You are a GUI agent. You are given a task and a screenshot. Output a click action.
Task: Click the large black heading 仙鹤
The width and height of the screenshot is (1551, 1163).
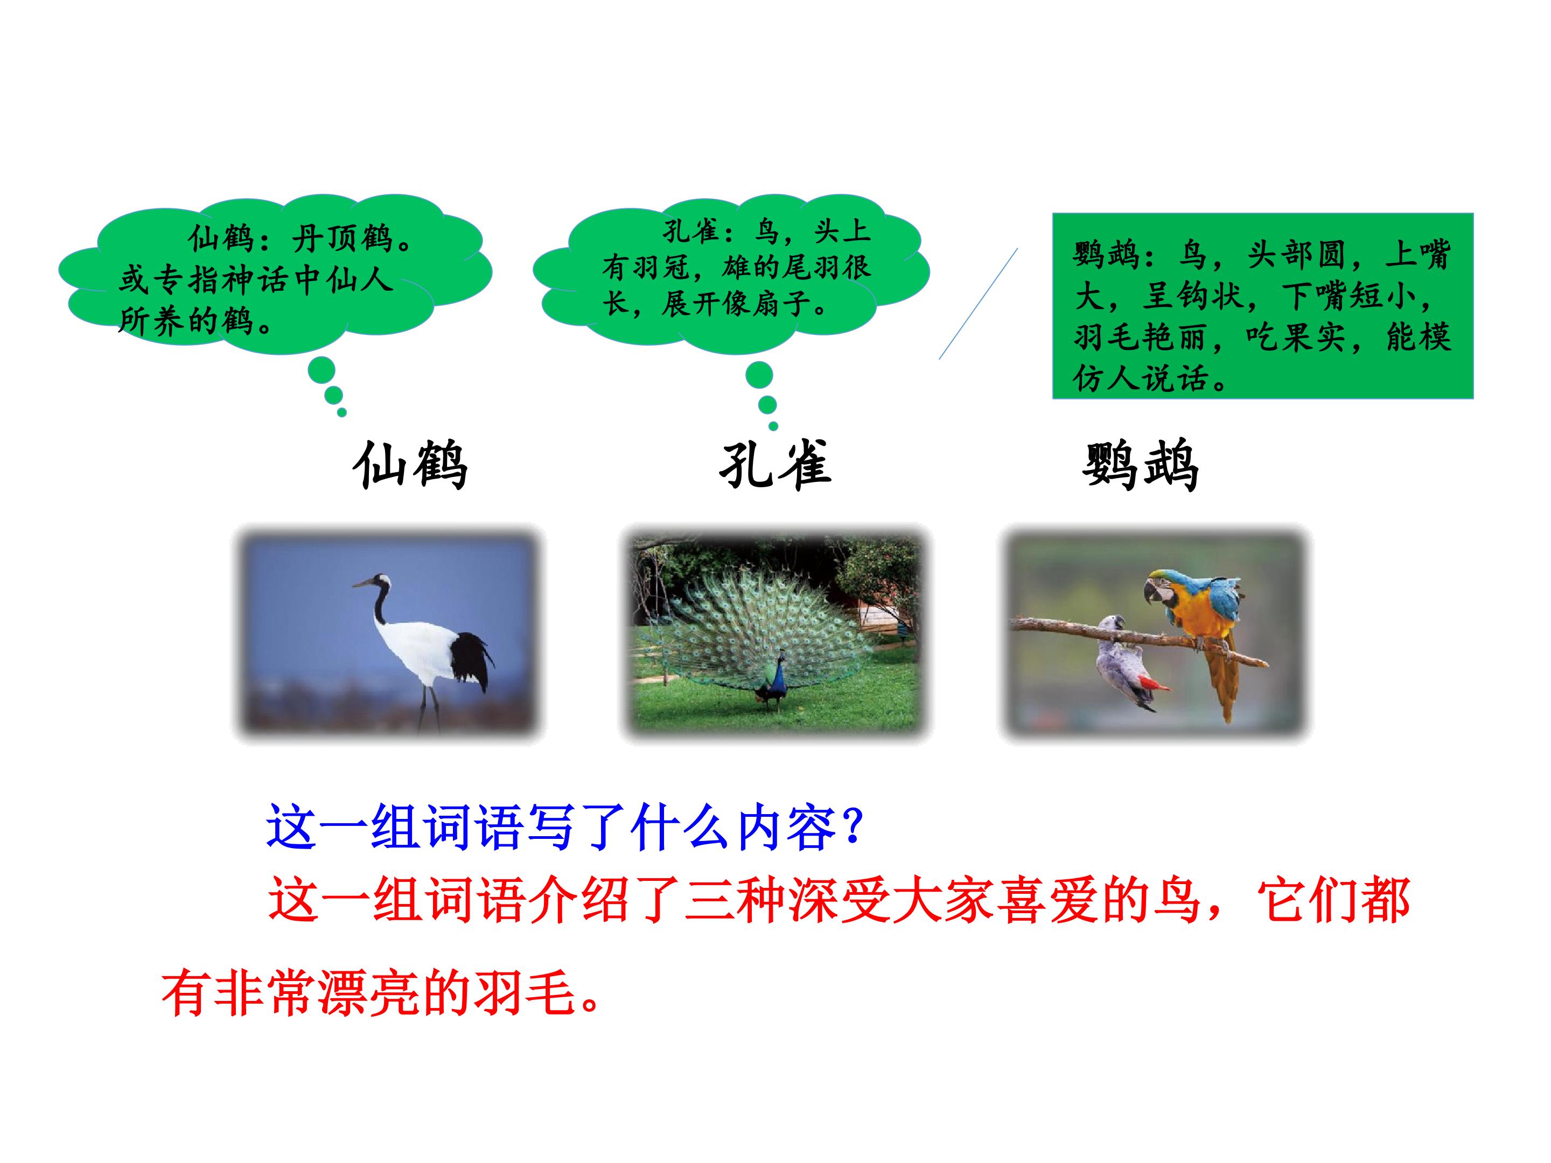coord(410,464)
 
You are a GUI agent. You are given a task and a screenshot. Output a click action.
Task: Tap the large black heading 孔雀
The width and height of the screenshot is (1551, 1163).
coord(775,464)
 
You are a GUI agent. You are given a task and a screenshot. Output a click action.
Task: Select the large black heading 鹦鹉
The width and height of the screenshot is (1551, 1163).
coord(1140,464)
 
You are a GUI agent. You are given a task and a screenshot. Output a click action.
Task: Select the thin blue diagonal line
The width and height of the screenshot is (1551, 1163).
coord(978,304)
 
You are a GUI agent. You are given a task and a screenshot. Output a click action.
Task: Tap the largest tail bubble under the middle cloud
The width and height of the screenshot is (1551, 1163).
coord(759,376)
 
